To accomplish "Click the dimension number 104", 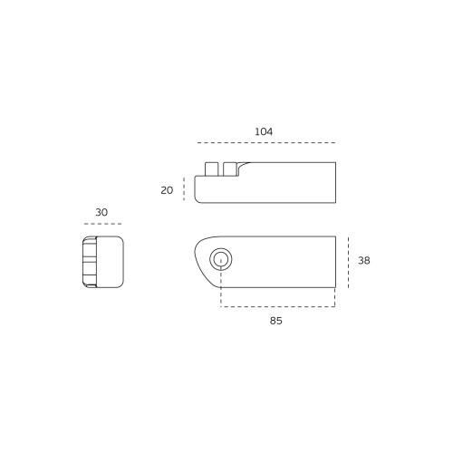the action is [264, 131].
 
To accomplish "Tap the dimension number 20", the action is [167, 190].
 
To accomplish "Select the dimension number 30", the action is [101, 212].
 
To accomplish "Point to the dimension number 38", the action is [364, 260].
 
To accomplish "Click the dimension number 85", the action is [276, 321].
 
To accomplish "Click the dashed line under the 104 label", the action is [266, 142].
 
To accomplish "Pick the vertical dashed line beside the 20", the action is [184, 188].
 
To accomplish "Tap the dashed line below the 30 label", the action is [103, 224].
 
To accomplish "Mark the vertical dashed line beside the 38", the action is [348, 262].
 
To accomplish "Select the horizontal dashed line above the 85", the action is [278, 306].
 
